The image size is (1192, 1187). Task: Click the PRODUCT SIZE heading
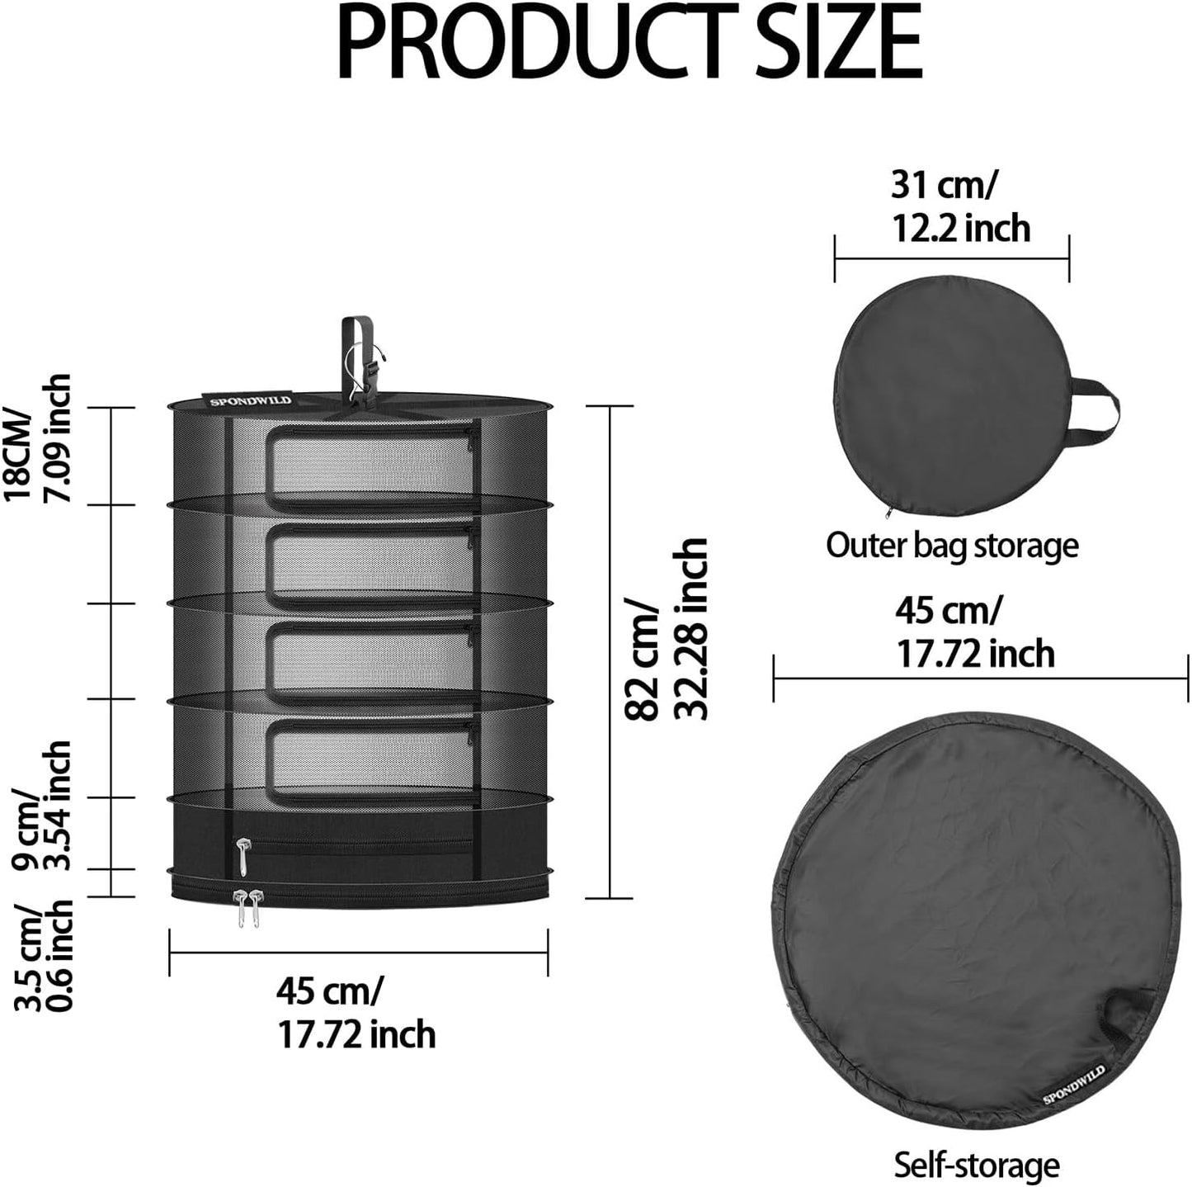point(629,41)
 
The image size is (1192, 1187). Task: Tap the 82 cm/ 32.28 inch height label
point(667,629)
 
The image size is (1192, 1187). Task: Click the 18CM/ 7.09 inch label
point(38,437)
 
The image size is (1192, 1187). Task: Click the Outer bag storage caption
point(952,546)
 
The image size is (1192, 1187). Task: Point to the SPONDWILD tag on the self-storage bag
point(1073,1084)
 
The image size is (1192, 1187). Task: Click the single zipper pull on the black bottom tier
point(243,856)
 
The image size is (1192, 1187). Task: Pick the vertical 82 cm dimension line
point(609,652)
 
